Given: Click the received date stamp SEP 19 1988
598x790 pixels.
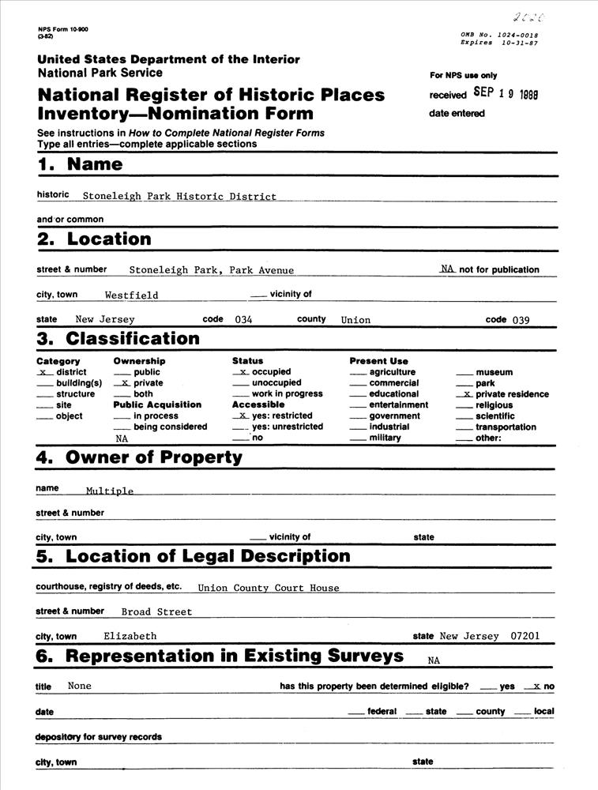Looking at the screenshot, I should pyautogui.click(x=506, y=92).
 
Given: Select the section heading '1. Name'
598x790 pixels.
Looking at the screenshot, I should pyautogui.click(x=80, y=164).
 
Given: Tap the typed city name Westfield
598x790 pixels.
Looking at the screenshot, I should pyautogui.click(x=131, y=295).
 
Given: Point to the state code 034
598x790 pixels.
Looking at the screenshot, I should pyautogui.click(x=243, y=320).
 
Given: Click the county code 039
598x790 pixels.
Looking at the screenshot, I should pyautogui.click(x=520, y=320).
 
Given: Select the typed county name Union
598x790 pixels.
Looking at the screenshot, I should pyautogui.click(x=355, y=320).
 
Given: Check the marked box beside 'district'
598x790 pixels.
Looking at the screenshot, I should pyautogui.click(x=45, y=372).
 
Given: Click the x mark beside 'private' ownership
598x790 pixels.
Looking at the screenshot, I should pyautogui.click(x=123, y=383).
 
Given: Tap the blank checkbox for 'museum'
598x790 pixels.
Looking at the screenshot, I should pyautogui.click(x=464, y=372).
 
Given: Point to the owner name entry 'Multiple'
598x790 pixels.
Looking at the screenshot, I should pyautogui.click(x=110, y=491).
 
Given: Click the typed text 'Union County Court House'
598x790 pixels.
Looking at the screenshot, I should pyautogui.click(x=268, y=588).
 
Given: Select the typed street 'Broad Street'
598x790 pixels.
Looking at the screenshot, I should pyautogui.click(x=156, y=611).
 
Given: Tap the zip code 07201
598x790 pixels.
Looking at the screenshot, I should pyautogui.click(x=526, y=636).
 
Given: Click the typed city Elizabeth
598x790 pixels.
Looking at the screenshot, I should pyautogui.click(x=130, y=636).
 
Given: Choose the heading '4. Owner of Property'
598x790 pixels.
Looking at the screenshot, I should pyautogui.click(x=139, y=457).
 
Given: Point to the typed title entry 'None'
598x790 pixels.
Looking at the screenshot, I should pyautogui.click(x=80, y=686).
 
